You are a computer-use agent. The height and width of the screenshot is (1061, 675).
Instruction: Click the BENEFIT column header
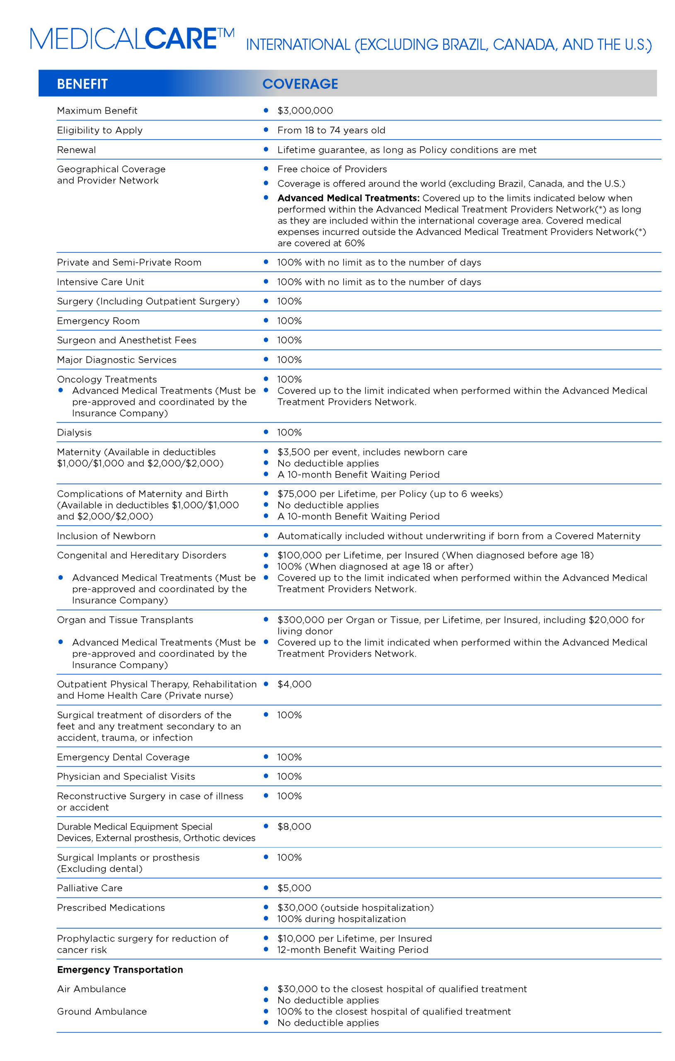tap(82, 84)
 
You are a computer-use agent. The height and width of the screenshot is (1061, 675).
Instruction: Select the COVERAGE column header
tap(300, 84)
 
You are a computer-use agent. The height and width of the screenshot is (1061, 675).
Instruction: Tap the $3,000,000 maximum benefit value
tap(305, 111)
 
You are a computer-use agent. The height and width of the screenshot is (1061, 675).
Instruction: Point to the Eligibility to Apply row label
tap(99, 130)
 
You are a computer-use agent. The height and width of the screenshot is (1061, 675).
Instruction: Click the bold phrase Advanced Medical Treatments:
tap(348, 198)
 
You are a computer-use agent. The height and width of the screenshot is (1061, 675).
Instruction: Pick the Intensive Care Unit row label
tap(100, 282)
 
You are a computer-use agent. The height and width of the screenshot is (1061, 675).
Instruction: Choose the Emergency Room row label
tap(98, 321)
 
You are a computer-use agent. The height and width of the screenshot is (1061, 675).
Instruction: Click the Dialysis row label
tap(74, 432)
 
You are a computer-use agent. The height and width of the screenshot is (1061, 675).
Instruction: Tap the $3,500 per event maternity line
tap(372, 452)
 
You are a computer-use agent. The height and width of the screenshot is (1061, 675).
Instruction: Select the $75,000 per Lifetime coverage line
tap(390, 494)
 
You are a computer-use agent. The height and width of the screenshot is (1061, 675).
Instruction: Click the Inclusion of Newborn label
tap(106, 536)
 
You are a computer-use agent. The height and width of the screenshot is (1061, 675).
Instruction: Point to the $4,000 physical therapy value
tap(294, 684)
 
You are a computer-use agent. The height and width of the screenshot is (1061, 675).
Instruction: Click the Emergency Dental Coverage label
tap(123, 757)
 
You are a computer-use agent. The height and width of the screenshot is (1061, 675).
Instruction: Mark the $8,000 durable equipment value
tap(294, 826)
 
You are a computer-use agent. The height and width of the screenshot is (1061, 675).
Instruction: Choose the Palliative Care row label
tap(90, 888)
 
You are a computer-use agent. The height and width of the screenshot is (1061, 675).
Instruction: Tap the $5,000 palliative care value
tap(294, 888)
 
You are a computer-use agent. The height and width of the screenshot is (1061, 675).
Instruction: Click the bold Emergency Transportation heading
tap(120, 969)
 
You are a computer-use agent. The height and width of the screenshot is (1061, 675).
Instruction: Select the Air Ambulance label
tap(91, 989)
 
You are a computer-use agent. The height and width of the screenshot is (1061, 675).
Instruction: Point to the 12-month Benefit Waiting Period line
tap(353, 950)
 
